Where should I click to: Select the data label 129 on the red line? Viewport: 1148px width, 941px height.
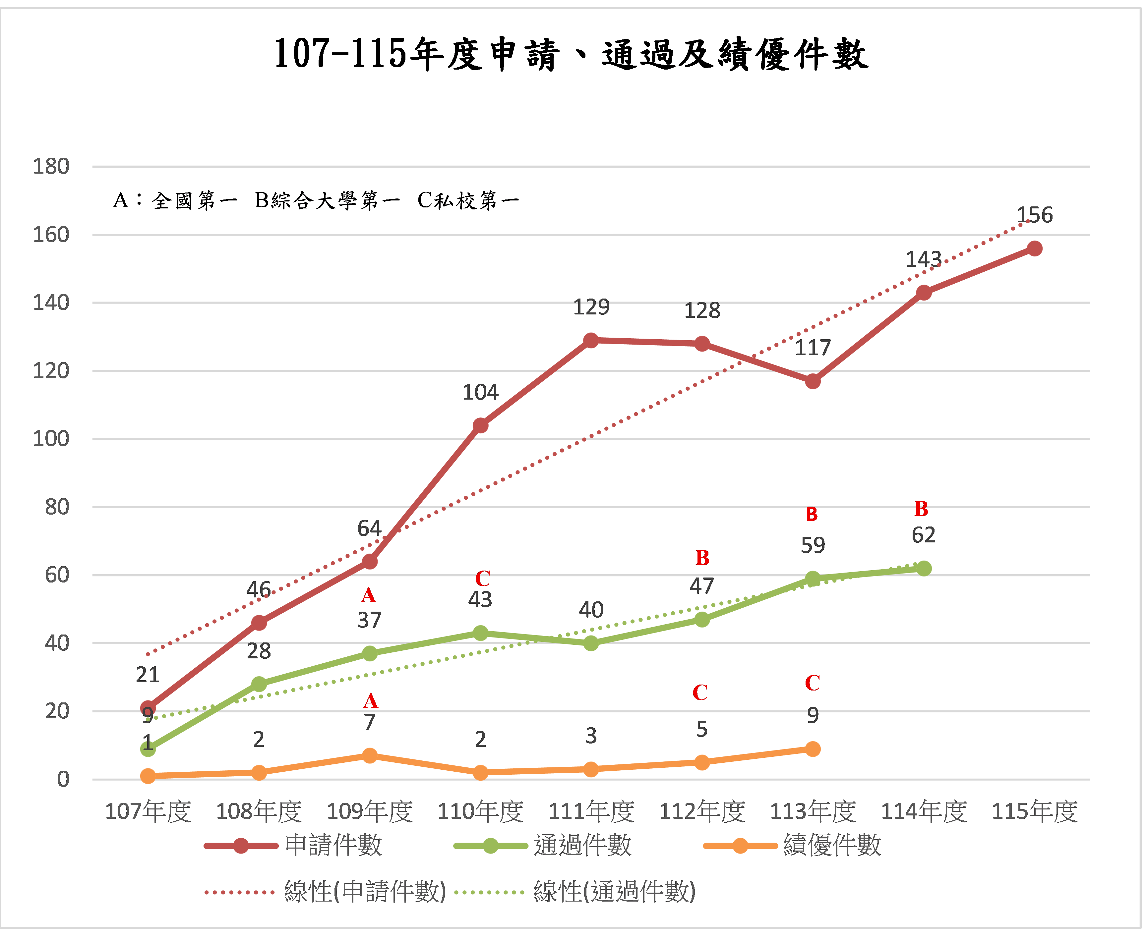pos(591,307)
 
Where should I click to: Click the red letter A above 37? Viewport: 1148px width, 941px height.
pos(369,596)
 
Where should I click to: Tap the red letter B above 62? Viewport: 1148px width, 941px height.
pos(921,509)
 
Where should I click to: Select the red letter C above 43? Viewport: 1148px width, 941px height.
pos(482,579)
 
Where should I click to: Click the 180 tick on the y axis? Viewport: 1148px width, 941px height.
pos(51,166)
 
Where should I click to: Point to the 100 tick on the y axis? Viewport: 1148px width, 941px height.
pos(51,438)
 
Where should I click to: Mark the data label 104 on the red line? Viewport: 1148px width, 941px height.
pos(480,392)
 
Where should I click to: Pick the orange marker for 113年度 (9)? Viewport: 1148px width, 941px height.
pos(812,749)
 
